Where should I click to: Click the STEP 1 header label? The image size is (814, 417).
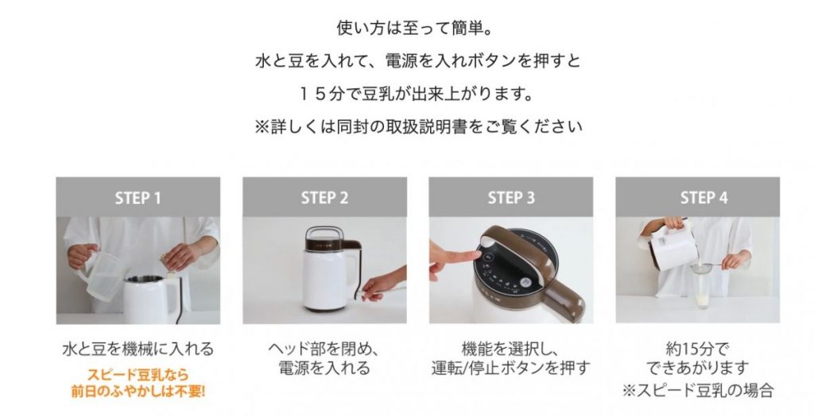click(x=138, y=198)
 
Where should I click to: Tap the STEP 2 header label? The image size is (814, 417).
click(x=324, y=198)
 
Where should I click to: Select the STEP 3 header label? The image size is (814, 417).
click(x=511, y=198)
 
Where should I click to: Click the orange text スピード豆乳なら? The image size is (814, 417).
click(x=138, y=374)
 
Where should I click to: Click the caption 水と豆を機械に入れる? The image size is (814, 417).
click(x=138, y=349)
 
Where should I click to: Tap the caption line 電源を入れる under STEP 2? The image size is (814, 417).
click(x=324, y=368)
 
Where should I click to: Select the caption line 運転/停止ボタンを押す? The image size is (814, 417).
click(x=511, y=368)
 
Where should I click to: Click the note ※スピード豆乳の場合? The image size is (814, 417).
click(x=698, y=389)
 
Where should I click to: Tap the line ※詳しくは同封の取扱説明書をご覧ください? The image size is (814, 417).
click(x=418, y=126)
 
